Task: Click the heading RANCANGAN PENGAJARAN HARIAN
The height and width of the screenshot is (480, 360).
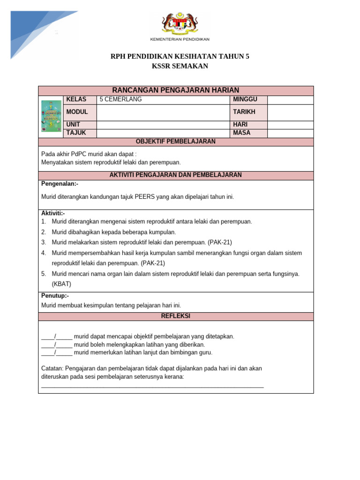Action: pyautogui.click(x=176, y=90)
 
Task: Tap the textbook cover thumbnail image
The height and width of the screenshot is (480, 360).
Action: pyautogui.click(x=51, y=115)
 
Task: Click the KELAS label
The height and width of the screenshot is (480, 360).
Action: pyautogui.click(x=76, y=99)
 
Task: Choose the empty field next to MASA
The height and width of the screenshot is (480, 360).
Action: pyautogui.click(x=290, y=133)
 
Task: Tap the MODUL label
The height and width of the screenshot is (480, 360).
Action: pyautogui.click(x=77, y=112)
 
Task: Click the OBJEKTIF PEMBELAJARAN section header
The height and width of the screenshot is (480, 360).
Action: pyautogui.click(x=176, y=142)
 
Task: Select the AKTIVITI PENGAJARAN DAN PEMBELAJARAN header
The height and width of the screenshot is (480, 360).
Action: pyautogui.click(x=176, y=175)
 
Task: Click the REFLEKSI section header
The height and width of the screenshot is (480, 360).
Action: pyautogui.click(x=176, y=316)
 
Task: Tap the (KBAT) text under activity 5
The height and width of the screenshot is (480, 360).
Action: pyautogui.click(x=61, y=284)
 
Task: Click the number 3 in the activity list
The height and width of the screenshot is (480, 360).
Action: pyautogui.click(x=43, y=242)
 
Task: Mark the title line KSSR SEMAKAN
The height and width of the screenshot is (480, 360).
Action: pyautogui.click(x=180, y=66)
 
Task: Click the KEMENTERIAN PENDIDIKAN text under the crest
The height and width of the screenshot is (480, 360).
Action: pyautogui.click(x=180, y=39)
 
